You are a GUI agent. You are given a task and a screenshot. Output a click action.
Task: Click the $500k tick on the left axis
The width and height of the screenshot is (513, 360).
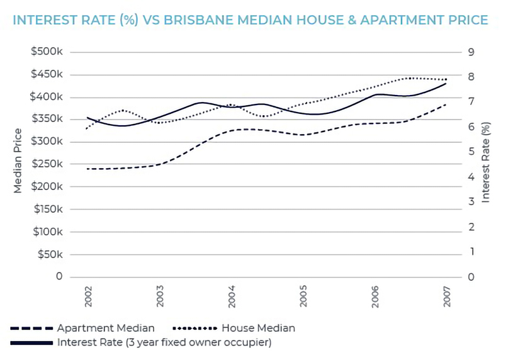click(x=47, y=52)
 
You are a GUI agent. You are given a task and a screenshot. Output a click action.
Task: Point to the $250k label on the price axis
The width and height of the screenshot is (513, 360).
click(x=47, y=164)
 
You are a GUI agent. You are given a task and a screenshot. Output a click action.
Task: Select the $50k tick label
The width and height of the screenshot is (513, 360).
click(x=50, y=254)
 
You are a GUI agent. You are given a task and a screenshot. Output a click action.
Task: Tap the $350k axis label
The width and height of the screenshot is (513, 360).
click(x=47, y=119)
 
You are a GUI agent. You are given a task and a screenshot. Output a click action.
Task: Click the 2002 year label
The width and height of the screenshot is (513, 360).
click(x=88, y=296)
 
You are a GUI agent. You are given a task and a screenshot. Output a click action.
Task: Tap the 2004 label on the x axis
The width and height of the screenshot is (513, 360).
click(x=232, y=296)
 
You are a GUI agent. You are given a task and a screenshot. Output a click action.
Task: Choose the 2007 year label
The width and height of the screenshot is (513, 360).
click(x=447, y=296)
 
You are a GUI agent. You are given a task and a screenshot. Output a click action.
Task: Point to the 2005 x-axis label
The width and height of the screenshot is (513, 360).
click(x=303, y=296)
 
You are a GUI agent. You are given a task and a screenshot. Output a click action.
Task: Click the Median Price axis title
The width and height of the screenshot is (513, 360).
click(x=18, y=160)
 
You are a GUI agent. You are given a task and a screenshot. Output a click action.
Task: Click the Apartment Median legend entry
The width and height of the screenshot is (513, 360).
click(x=105, y=328)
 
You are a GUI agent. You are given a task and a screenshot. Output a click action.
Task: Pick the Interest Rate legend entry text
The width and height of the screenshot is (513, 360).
click(x=164, y=343)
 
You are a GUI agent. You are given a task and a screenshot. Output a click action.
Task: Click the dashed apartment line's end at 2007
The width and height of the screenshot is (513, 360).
click(x=446, y=104)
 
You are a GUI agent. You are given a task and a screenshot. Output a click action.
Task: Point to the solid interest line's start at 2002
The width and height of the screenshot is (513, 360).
click(x=88, y=118)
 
